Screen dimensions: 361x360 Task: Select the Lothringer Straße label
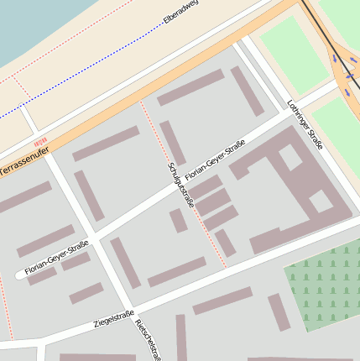tap(305, 127)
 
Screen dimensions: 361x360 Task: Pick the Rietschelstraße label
tap(148, 339)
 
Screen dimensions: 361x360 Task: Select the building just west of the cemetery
tap(279, 311)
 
